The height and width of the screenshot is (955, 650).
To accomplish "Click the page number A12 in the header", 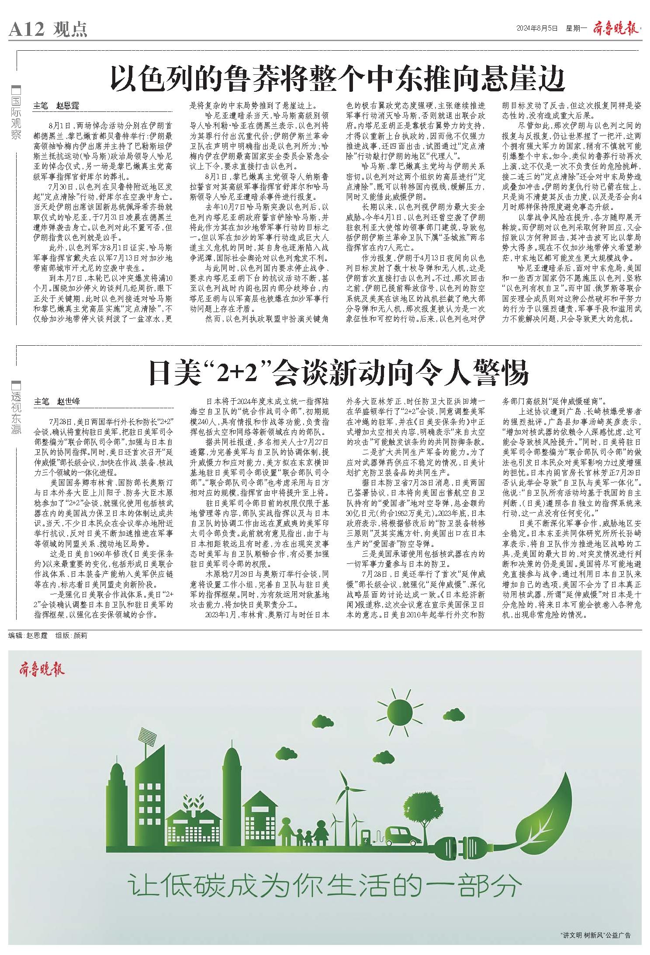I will tap(26, 30).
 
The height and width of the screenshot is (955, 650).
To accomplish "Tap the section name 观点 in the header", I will tap(70, 30).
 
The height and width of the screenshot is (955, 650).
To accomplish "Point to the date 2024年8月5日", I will tap(537, 29).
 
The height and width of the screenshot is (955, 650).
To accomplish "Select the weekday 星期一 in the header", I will tap(576, 29).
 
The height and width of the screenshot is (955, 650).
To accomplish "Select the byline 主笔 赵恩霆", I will tap(56, 106).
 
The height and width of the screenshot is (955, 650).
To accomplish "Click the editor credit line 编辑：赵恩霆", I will tap(28, 636).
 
